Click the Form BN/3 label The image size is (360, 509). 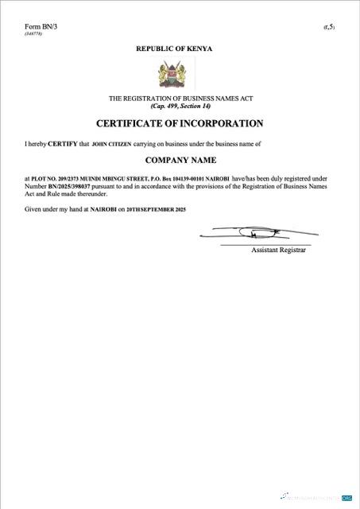(x=41, y=27)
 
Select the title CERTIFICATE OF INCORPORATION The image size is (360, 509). (x=180, y=123)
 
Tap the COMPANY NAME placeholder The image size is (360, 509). (x=180, y=160)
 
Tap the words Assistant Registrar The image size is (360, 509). (x=278, y=250)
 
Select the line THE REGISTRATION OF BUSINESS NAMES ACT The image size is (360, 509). (x=180, y=98)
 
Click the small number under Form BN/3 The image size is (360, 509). (x=33, y=34)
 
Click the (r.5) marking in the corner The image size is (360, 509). (x=328, y=28)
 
